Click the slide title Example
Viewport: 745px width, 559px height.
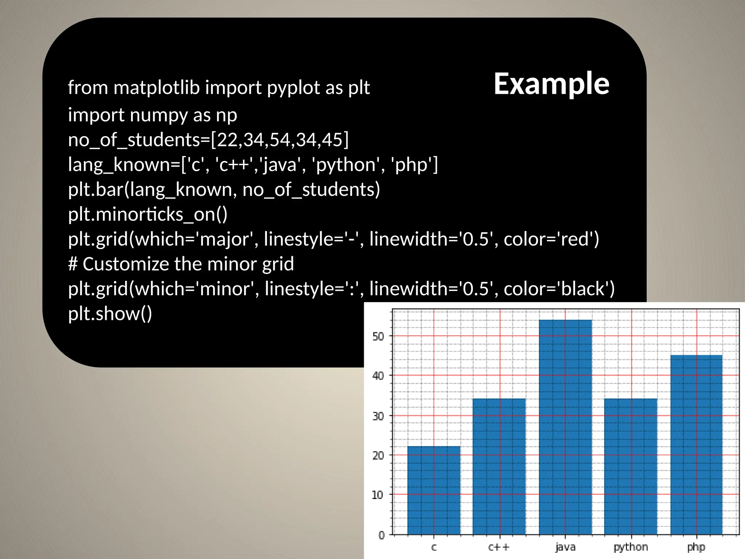551,84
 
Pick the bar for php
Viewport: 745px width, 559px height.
696,444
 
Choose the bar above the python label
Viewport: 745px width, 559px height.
630,466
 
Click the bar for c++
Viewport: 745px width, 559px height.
499,466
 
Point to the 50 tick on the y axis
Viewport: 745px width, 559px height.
378,336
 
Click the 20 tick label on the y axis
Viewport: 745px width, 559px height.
378,455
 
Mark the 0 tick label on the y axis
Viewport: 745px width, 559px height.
381,535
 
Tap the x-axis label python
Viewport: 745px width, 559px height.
630,547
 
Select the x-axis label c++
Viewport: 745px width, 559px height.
499,547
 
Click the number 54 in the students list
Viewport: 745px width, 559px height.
281,140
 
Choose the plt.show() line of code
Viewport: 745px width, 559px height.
110,313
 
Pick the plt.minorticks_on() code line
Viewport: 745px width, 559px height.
148,214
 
